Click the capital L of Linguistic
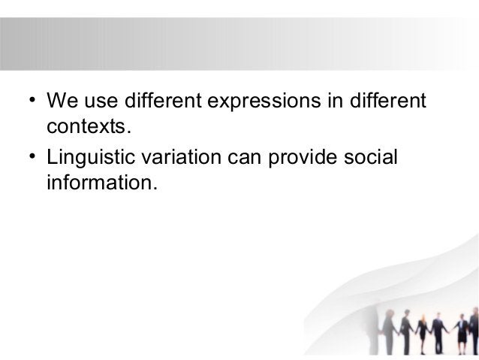click(52, 159)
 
